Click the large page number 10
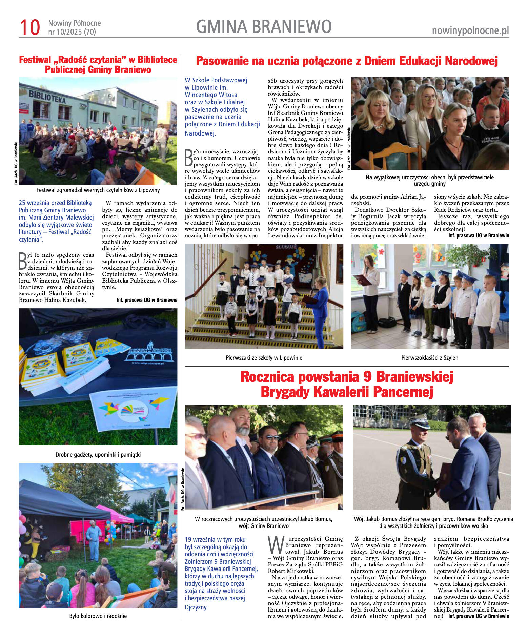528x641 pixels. click(30, 27)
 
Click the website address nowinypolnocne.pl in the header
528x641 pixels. click(470, 31)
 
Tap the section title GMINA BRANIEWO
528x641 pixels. click(264, 27)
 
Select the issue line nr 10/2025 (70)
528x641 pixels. click(72, 32)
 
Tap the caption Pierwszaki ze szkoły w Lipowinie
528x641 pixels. click(264, 358)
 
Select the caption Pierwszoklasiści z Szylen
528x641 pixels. click(429, 358)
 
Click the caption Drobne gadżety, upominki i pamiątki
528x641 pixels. click(98, 455)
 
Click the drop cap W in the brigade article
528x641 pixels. click(275, 545)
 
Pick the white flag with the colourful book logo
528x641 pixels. click(134, 410)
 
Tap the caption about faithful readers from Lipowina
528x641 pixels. click(98, 190)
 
